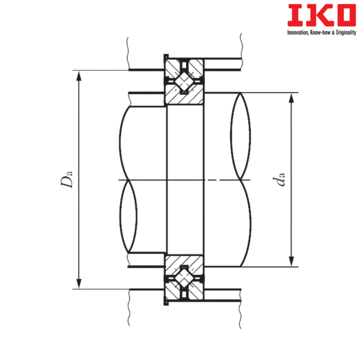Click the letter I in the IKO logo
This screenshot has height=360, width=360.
(x=294, y=15)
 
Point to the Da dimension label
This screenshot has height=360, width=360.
(x=70, y=179)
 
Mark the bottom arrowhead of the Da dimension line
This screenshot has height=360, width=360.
(x=77, y=284)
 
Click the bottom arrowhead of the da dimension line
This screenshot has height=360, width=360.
(x=292, y=262)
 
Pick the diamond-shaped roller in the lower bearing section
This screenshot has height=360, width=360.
(x=184, y=280)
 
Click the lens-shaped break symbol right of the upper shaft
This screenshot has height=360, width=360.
(x=241, y=136)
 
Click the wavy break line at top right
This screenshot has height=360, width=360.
(x=241, y=48)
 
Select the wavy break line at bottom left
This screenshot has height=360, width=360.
(x=128, y=309)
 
